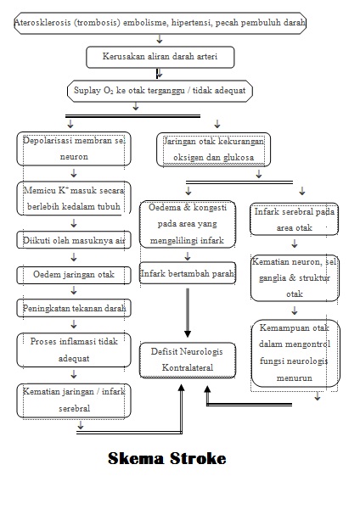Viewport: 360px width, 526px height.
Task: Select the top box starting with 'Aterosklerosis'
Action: click(x=160, y=23)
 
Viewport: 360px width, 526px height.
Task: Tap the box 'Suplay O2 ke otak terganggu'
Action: click(x=160, y=91)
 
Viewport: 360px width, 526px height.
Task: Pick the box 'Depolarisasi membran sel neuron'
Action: click(x=74, y=148)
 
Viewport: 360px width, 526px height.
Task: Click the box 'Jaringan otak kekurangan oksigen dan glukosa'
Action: click(x=213, y=148)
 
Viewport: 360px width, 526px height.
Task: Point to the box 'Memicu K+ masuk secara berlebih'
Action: click(x=74, y=199)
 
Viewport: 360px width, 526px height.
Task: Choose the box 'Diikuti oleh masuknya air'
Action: click(x=74, y=241)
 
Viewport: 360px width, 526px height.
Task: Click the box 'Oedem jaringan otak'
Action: click(x=74, y=275)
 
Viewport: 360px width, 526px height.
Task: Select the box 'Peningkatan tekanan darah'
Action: click(x=74, y=308)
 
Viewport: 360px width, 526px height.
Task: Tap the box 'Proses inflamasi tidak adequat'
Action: click(x=74, y=350)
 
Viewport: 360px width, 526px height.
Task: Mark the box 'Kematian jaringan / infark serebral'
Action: click(x=74, y=400)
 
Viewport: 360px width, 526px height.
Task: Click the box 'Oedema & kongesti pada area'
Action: click(x=188, y=225)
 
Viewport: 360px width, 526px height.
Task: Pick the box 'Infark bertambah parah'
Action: click(x=188, y=273)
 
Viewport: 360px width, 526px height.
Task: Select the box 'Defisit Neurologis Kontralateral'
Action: click(x=188, y=360)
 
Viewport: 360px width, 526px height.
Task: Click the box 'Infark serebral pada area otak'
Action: click(x=295, y=219)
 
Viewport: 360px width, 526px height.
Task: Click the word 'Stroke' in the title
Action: click(x=198, y=459)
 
